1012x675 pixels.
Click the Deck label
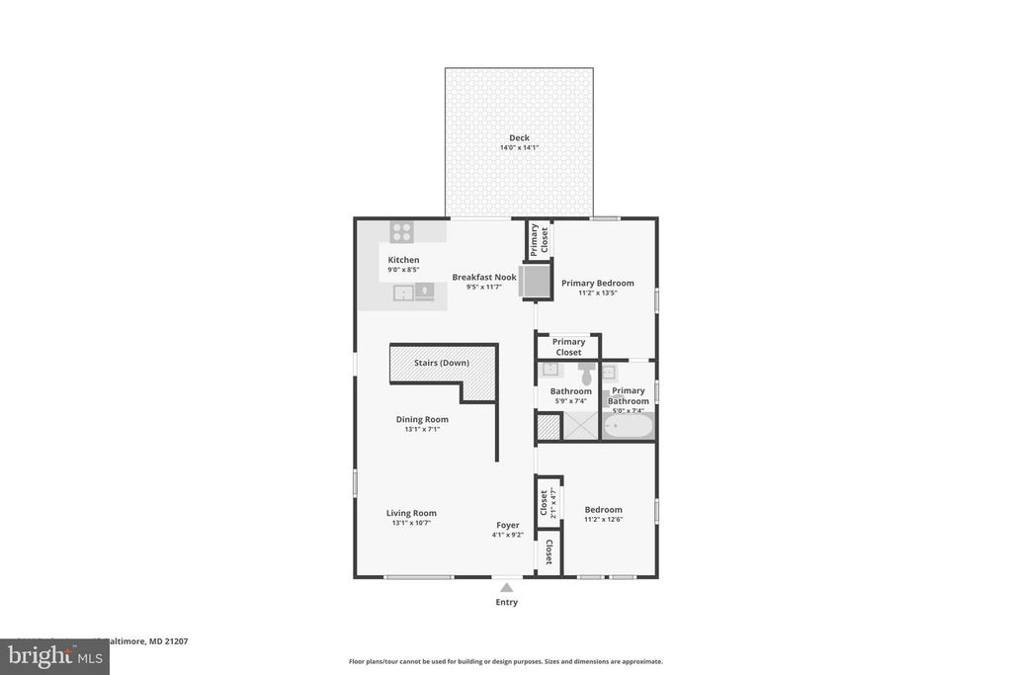click(x=519, y=137)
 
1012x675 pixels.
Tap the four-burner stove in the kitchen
click(x=401, y=232)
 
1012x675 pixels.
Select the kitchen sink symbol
click(x=403, y=292)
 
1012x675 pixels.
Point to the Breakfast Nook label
click(x=484, y=278)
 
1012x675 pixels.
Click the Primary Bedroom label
click(x=598, y=283)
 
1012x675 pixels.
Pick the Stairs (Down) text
click(x=441, y=363)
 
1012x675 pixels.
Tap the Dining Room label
click(x=422, y=419)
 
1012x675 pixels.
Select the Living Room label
click(x=411, y=513)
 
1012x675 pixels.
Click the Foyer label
click(x=507, y=526)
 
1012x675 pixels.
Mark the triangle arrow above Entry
click(x=506, y=588)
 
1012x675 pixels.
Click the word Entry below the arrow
click(x=506, y=602)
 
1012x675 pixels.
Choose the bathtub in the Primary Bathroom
click(x=629, y=426)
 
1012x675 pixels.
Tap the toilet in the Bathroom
click(x=585, y=373)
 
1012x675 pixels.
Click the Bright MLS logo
click(x=54, y=656)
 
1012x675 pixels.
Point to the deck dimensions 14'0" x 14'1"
click(x=519, y=148)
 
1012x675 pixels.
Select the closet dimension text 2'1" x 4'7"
click(x=553, y=502)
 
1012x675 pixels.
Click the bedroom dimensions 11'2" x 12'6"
click(x=603, y=520)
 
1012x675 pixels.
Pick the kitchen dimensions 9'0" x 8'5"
click(x=403, y=270)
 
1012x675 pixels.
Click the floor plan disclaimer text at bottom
click(x=505, y=662)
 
